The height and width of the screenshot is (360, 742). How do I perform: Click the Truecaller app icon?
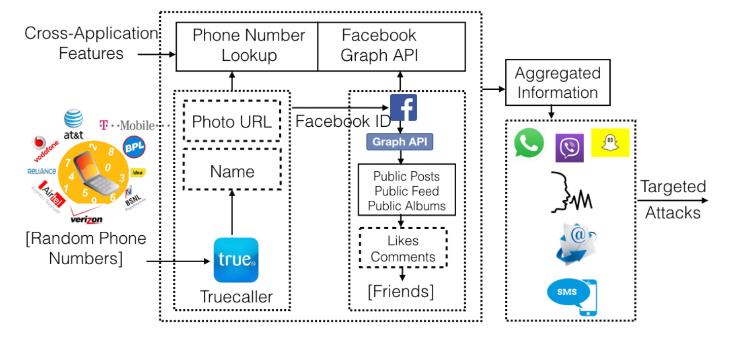point(236,260)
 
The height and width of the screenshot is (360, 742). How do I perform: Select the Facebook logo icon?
point(403,107)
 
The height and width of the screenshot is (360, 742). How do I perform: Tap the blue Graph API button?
point(400,141)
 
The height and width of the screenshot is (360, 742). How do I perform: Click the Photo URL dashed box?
point(232,121)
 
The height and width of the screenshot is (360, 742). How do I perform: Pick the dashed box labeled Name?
point(232,171)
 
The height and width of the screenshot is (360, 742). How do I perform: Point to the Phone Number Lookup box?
point(247,46)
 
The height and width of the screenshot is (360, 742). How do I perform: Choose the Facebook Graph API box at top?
point(391,46)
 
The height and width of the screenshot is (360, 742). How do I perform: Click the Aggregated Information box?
point(558,83)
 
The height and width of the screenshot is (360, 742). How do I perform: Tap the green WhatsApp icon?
point(529,143)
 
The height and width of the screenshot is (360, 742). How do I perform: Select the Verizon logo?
point(87,219)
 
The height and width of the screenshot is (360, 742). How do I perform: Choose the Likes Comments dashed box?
point(403,248)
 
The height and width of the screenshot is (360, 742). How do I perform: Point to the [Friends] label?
point(401,292)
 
